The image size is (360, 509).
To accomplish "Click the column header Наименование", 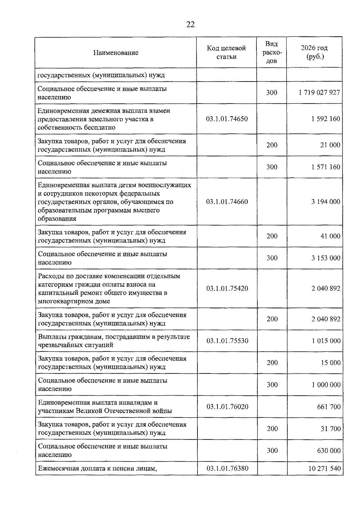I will (116, 53).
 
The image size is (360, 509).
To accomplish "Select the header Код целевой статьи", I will (226, 52).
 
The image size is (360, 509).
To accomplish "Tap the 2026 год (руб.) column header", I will (314, 52).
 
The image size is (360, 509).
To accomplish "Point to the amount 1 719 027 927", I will (319, 92).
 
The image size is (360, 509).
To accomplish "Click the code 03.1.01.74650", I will (227, 119).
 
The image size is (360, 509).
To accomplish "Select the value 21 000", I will (330, 145).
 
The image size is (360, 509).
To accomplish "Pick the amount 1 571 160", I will (326, 167).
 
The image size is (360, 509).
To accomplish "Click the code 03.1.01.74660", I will (227, 202).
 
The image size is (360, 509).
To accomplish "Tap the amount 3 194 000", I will (326, 202).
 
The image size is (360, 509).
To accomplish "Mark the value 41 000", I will (330, 236).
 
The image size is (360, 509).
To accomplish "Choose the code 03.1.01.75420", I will (227, 289).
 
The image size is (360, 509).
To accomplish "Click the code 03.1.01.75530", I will (227, 341).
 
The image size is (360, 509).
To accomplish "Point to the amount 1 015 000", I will (326, 341).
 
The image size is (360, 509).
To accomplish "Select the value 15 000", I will (331, 363).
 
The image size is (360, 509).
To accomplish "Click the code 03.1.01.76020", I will (227, 407).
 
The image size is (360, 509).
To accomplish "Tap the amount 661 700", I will (329, 407).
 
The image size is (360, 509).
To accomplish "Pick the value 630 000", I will (329, 451).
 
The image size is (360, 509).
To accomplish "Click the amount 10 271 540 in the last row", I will (325, 468).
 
